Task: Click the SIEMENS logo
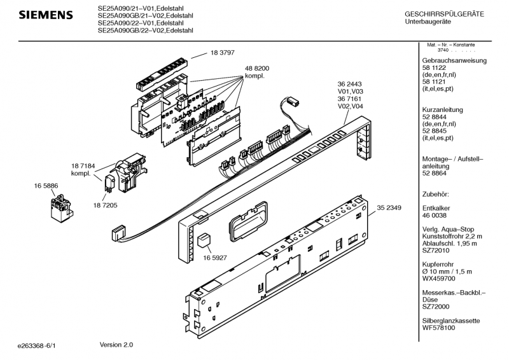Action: [46, 15]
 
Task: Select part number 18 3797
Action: [222, 53]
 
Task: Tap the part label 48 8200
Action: [257, 69]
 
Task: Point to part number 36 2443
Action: [349, 84]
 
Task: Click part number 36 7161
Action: [349, 99]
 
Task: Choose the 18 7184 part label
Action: [83, 166]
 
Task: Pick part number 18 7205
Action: [105, 205]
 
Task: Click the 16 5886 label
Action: [46, 186]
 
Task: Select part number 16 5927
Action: [215, 258]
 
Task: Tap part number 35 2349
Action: [389, 208]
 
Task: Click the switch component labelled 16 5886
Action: [62, 209]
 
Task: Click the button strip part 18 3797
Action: [162, 74]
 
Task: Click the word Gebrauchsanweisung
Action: [454, 60]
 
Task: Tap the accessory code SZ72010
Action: [436, 251]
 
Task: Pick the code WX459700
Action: [438, 279]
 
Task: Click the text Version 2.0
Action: [116, 345]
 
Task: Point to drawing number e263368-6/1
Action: [37, 346]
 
